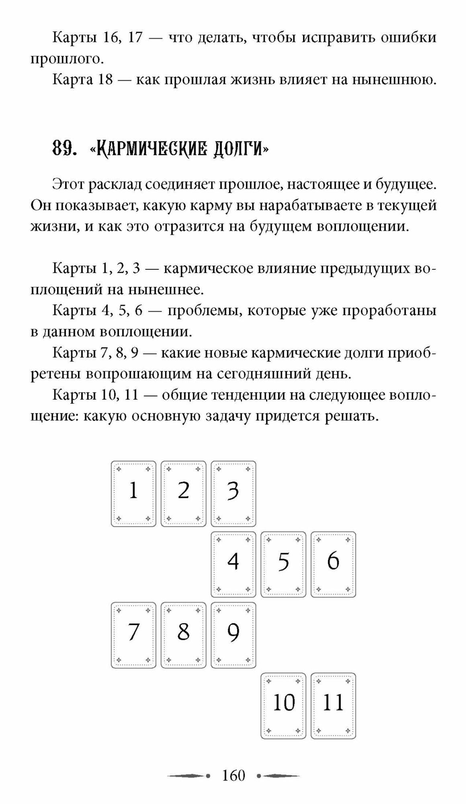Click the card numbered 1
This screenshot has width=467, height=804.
tap(133, 493)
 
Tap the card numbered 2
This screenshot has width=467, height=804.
tap(183, 493)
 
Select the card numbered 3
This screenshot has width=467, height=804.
tap(233, 493)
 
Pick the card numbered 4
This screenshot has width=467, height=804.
tap(233, 564)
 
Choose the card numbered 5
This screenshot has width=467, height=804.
tap(283, 564)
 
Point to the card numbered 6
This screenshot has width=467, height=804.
tap(333, 564)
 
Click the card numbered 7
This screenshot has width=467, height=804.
tap(133, 635)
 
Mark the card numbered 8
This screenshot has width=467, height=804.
tap(183, 635)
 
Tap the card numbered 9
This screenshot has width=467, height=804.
tap(233, 635)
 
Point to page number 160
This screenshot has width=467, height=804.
tap(233, 775)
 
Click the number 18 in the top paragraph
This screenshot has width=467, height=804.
tap(105, 79)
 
